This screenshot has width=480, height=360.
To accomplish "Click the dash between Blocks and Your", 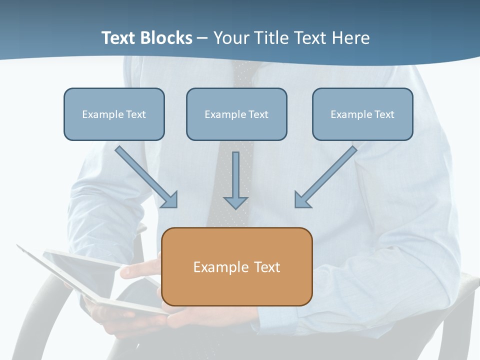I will click(202, 38).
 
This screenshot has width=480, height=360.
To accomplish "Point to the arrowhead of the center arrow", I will click(235, 202).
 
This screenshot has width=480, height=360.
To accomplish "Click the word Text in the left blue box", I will click(136, 114).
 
